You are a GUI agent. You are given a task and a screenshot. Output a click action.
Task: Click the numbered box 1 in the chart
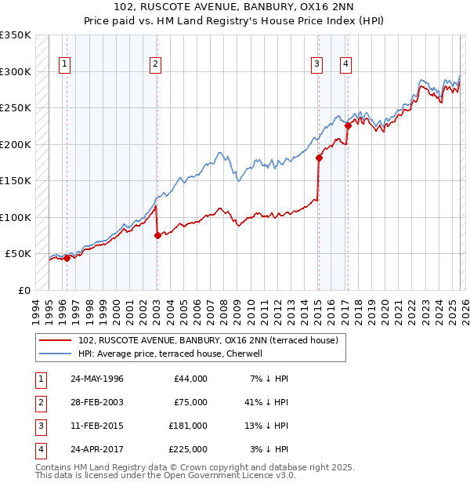[63, 64]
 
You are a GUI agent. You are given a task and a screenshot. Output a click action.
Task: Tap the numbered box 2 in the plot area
[156, 64]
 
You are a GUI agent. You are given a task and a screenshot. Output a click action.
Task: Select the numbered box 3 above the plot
[316, 64]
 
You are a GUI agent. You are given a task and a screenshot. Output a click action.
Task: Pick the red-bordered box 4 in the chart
[345, 64]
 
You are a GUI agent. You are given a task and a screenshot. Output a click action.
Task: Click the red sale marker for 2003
[157, 235]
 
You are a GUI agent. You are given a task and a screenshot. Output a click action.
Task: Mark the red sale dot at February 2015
[319, 158]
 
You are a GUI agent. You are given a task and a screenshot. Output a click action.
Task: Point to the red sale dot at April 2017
[347, 125]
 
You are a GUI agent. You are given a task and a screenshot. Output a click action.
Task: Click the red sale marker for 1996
[67, 258]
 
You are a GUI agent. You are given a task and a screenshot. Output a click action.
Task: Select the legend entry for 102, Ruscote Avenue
[208, 340]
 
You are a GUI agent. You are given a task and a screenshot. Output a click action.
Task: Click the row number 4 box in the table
[39, 450]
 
